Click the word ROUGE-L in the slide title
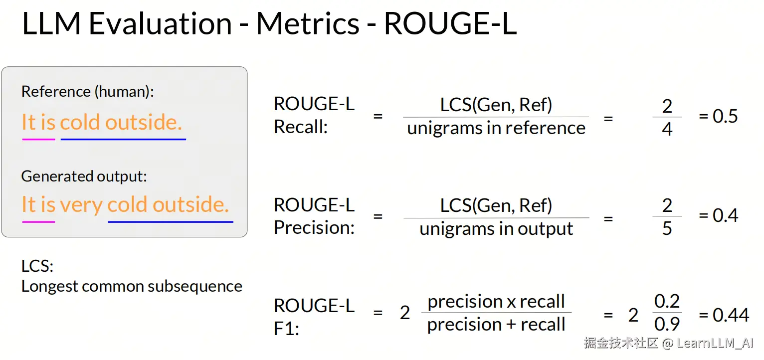[450, 23]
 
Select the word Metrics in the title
[308, 23]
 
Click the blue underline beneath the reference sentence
[123, 139]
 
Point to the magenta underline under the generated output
[38, 222]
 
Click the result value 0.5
[718, 116]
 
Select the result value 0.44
[724, 315]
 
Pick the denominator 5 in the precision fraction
[667, 228]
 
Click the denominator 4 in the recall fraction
[667, 129]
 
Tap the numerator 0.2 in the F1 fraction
[667, 301]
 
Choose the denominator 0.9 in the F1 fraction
[667, 324]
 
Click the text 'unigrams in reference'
[496, 129]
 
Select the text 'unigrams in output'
[496, 229]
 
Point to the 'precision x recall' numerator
[496, 302]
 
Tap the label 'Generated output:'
[84, 177]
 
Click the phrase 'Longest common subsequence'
[132, 286]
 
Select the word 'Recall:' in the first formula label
[301, 127]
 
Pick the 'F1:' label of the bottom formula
[286, 329]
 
